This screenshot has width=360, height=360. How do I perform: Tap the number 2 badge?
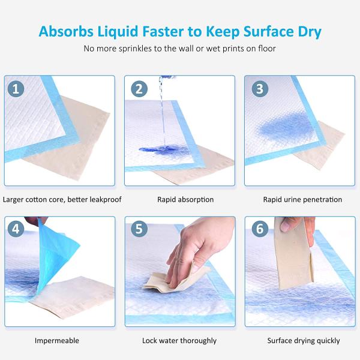tap(139, 89)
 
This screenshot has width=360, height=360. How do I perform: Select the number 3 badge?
tap(259, 89)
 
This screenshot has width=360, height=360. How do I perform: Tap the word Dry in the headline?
tap(307, 31)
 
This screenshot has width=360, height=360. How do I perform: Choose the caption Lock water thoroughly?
tap(179, 341)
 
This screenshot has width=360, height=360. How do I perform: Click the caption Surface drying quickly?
tap(304, 341)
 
